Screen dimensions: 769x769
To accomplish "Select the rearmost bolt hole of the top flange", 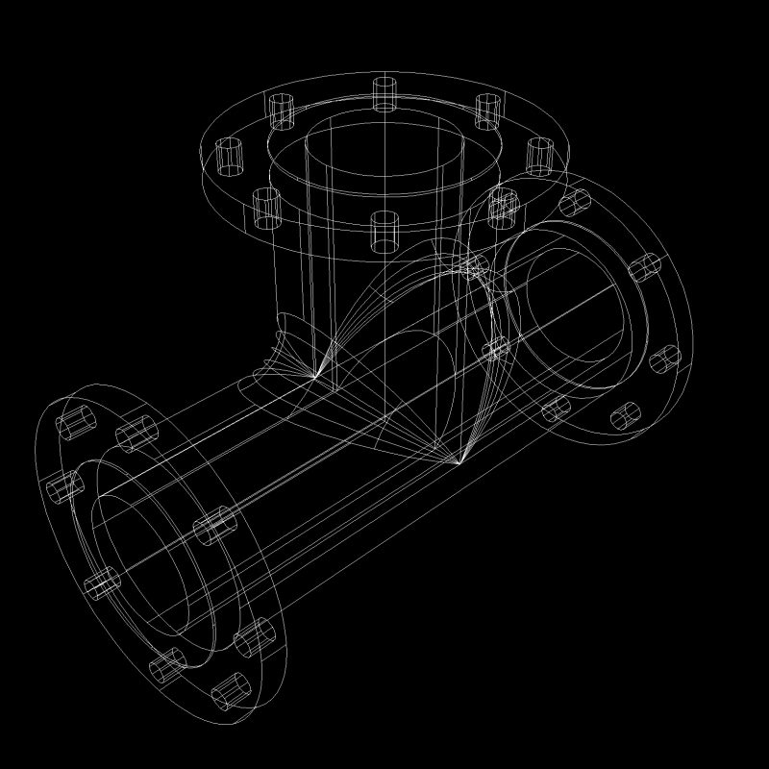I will (384, 93).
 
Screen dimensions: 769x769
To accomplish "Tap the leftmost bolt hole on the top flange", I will (229, 157).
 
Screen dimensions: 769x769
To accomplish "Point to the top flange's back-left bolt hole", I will (281, 111).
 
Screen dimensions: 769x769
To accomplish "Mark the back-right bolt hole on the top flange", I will (488, 111).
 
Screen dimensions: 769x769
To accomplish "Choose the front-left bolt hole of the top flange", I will (266, 208).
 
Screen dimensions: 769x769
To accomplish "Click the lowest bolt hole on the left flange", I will (231, 688).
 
